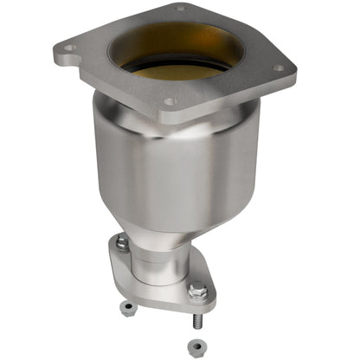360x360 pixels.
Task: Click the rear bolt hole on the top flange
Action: [x=179, y=9]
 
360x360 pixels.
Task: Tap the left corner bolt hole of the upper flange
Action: [x=69, y=48]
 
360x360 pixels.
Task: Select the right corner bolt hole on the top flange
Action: [x=279, y=67]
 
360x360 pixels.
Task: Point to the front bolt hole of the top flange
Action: [x=170, y=101]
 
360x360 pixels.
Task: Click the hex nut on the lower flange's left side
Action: [x=123, y=245]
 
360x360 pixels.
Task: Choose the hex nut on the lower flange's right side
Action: [x=198, y=292]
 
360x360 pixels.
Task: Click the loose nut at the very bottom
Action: [x=196, y=344]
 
